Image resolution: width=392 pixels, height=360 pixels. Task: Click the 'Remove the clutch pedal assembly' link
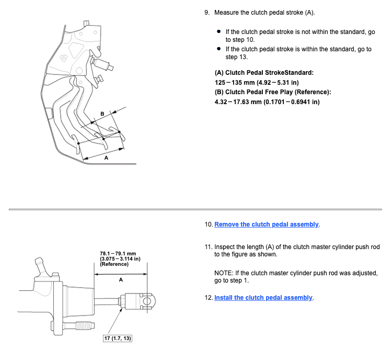pos(267,224)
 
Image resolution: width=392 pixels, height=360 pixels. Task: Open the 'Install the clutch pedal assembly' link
pos(263,298)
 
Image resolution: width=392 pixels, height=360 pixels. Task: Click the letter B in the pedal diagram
pos(102,114)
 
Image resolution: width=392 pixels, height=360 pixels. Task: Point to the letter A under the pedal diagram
pos(106,158)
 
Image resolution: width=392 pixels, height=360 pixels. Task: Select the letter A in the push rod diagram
pos(121,280)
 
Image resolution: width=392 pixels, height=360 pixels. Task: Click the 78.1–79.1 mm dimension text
pos(118,254)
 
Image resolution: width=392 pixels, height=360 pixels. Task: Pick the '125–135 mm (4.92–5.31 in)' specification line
pos(257,83)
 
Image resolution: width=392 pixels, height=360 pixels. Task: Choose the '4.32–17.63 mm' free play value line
pos(267,102)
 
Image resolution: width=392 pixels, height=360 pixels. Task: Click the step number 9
pos(207,13)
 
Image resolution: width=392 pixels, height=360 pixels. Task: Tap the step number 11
pos(208,247)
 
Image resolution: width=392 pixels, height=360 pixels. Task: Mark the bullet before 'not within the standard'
pos(219,31)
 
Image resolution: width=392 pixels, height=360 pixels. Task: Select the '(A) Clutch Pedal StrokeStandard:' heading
pos(264,73)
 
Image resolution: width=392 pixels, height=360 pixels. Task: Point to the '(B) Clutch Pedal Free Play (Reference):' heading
pos(273,92)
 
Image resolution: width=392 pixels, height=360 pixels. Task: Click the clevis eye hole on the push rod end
pos(147,301)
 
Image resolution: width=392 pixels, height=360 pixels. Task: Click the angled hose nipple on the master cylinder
pos(40,265)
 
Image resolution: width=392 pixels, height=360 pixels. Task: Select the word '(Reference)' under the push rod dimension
pos(114,264)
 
